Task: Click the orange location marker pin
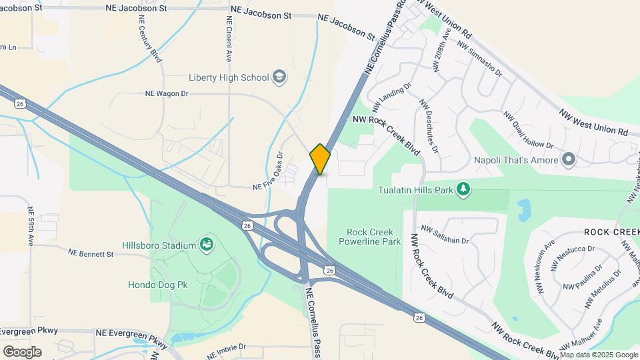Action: pos(320,159)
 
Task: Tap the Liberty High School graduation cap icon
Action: pos(280,77)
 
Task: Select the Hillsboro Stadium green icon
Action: pos(207,245)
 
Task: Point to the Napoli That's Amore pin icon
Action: pos(569,159)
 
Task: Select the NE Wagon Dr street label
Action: pos(167,94)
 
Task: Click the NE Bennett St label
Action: pos(91,253)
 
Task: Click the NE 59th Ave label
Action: pos(31,227)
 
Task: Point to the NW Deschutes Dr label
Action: pos(428,125)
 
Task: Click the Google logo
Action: pos(22,351)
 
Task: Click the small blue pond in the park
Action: pos(523,209)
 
